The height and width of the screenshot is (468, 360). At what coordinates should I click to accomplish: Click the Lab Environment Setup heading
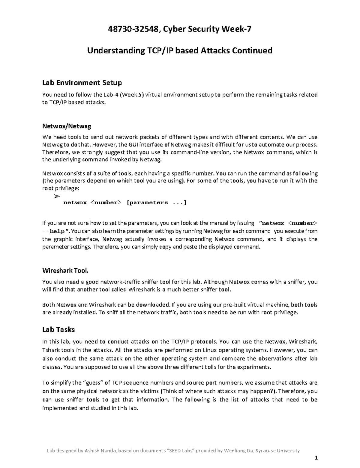pyautogui.click(x=82, y=82)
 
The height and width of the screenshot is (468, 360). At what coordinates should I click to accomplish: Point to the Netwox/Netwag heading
pyautogui.click(x=67, y=126)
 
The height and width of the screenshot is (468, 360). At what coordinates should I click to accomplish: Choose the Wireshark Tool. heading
pyautogui.click(x=65, y=271)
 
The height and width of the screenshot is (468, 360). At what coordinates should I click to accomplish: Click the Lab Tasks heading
pyautogui.click(x=58, y=329)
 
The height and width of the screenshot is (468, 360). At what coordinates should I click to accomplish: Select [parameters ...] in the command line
pyautogui.click(x=157, y=202)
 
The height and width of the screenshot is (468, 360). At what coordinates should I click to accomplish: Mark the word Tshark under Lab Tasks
pyautogui.click(x=51, y=350)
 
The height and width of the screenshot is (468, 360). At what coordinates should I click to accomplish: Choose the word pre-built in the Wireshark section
pyautogui.click(x=235, y=305)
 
